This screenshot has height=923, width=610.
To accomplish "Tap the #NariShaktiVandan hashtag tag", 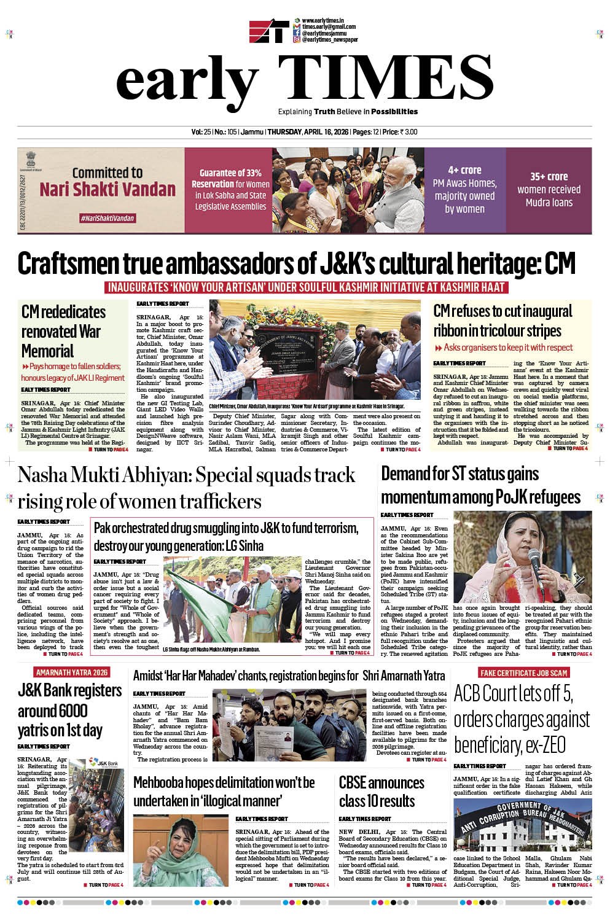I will coord(108,219).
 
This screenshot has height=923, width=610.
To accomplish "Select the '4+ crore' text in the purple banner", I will coord(464,170).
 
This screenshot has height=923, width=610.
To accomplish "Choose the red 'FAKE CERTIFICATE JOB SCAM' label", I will coord(525,672).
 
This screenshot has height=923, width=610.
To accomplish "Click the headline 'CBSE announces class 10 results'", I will coord(381,792).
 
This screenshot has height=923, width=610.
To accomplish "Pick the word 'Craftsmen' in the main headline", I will coord(79,264).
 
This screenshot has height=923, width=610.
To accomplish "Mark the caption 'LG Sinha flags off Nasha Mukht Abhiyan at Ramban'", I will coord(211,649).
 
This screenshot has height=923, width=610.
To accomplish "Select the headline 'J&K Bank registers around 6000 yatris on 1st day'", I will coord(69,711).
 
